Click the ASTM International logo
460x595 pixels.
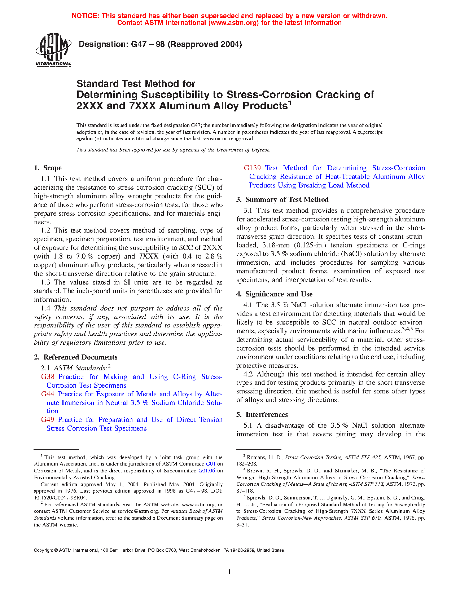tap(53, 49)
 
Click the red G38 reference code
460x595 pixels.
tap(48, 377)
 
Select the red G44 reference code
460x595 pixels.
tap(48, 394)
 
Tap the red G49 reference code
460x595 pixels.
tap(48, 420)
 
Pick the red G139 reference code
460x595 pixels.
tap(252, 168)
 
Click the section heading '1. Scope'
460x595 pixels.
tap(48, 168)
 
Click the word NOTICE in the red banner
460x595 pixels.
tap(85, 16)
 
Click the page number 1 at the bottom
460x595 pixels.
tap(229, 571)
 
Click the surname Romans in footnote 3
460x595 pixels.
tap(256, 457)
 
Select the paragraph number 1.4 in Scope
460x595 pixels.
tap(45, 308)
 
